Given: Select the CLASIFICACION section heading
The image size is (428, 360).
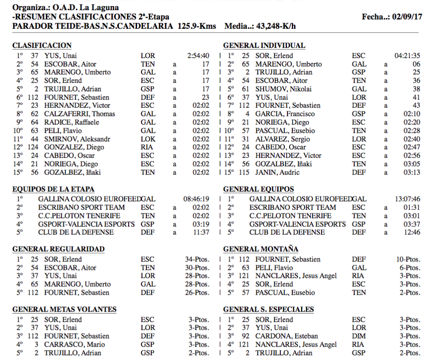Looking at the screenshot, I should (42, 45).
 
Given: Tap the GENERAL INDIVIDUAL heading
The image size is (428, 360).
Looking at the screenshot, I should (264, 45).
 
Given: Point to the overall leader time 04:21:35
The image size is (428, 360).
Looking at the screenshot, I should (407, 56).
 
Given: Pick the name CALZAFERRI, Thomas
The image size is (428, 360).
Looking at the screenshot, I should (79, 114).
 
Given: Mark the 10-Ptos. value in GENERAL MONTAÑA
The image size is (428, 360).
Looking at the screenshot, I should (408, 260).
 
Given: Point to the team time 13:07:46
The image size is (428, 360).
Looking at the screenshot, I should (407, 199).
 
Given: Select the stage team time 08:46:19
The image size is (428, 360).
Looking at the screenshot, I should (196, 199).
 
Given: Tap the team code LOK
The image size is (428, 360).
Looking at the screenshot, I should (148, 139).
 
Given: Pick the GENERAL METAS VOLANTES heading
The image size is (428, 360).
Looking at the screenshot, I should (64, 309).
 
